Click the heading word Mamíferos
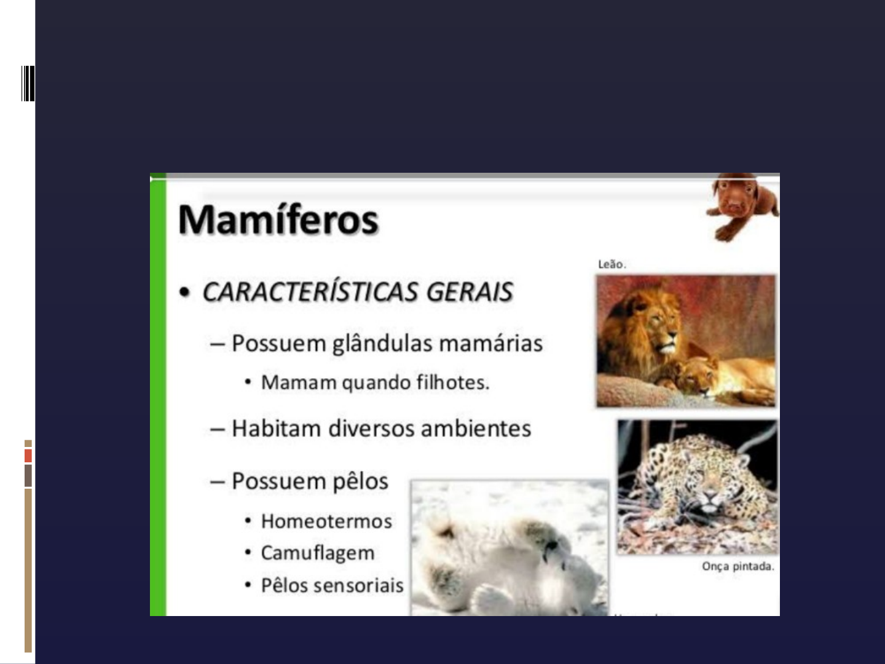(278, 219)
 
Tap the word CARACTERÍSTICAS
(310, 291)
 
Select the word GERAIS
(470, 291)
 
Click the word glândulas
(381, 344)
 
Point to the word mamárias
(490, 344)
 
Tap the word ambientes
(476, 428)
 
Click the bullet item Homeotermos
(326, 521)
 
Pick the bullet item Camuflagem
(318, 553)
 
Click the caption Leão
(612, 264)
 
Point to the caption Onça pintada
(738, 566)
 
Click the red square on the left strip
(28, 456)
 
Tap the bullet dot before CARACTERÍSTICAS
(184, 292)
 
